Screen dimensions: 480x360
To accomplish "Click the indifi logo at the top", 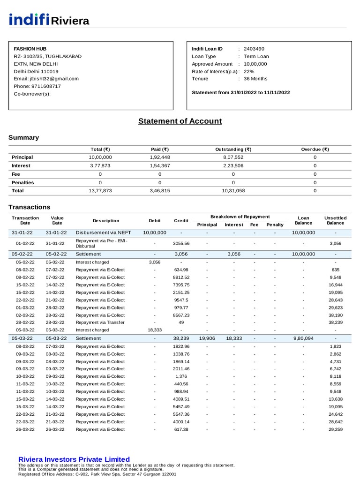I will tap(29, 20).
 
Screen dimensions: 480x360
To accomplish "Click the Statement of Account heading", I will tap(180, 121).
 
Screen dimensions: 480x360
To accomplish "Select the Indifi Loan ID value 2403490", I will tap(254, 49).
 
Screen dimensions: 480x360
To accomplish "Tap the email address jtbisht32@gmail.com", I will tap(46, 79).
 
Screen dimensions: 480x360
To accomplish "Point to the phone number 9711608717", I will tap(46, 86).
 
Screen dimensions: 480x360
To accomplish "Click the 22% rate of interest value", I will tap(249, 71).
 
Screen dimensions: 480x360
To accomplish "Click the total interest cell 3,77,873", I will tap(100, 165).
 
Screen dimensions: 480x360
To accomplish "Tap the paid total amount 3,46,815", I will tap(160, 191).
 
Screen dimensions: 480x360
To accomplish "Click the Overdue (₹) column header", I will tap(315, 149).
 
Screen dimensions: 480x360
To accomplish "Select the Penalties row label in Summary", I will tap(22, 182).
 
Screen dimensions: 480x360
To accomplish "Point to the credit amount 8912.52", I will tap(181, 277).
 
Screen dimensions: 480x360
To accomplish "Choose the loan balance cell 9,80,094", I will tap(303, 337).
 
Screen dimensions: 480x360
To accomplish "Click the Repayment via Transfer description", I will tap(100, 322).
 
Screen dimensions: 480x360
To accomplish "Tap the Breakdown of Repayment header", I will tap(240, 217).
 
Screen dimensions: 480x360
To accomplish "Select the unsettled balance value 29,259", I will tap(336, 429).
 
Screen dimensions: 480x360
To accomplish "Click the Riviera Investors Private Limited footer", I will tap(74, 459).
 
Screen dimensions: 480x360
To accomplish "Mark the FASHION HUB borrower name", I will tap(27, 49).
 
